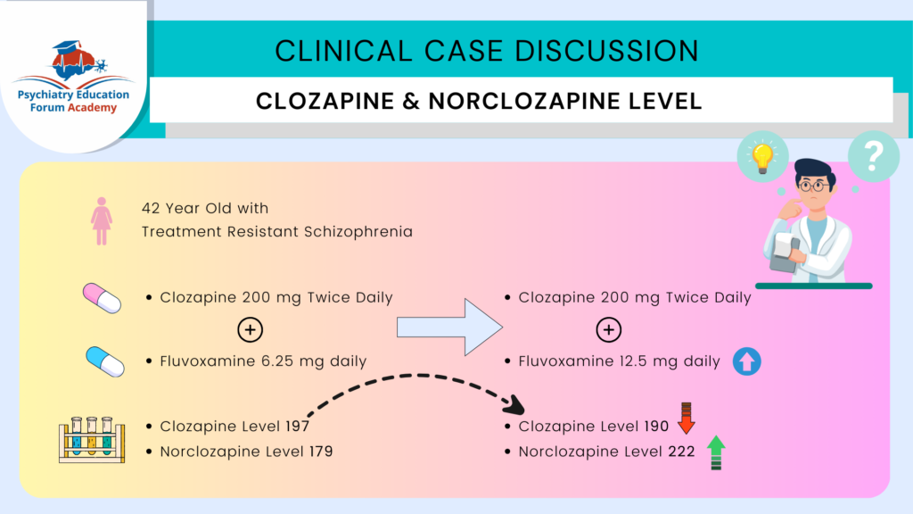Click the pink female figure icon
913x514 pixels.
click(102, 221)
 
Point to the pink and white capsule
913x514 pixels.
click(101, 297)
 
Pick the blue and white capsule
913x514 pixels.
click(104, 361)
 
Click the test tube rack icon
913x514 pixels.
click(92, 438)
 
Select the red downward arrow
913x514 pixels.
click(686, 418)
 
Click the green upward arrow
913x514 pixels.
click(713, 452)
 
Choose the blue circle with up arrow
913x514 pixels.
click(746, 361)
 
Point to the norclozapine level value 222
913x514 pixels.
click(681, 452)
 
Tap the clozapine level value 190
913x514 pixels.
click(656, 427)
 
